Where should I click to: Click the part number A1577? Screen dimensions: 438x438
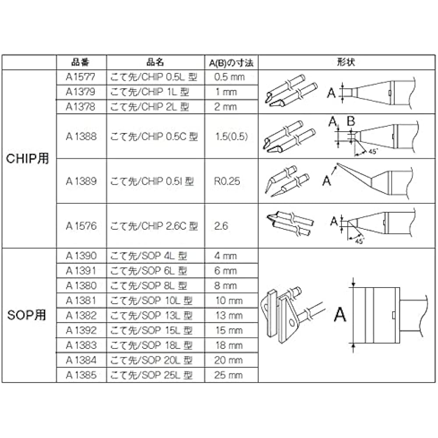81,77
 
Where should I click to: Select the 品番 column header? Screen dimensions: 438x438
80,62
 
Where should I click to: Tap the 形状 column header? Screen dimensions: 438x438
346,62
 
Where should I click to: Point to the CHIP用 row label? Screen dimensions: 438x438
27,159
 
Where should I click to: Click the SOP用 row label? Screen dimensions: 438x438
27,315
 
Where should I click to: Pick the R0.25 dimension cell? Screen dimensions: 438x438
227,181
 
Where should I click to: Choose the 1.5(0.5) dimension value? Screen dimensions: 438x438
232,136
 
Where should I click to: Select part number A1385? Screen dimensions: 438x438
81,375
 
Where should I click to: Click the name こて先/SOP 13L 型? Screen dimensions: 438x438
152,315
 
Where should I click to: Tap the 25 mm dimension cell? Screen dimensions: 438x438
228,375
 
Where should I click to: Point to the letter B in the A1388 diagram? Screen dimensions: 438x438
351,121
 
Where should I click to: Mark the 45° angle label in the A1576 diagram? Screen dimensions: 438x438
360,240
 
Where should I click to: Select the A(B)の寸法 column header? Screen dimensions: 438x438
231,63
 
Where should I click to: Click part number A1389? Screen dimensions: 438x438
81,181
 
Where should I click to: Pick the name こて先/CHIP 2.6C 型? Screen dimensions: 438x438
154,226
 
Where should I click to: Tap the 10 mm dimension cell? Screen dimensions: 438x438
229,300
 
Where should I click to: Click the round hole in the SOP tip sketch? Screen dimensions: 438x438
292,323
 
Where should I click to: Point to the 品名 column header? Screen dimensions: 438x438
155,62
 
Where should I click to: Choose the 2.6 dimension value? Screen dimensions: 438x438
221,226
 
